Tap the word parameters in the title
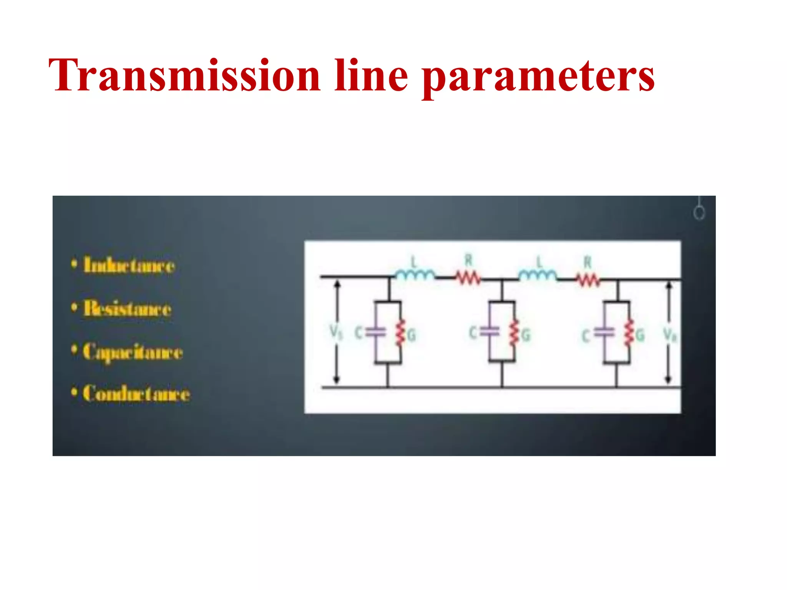point(538,77)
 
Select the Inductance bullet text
point(129,265)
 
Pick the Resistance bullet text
point(127,308)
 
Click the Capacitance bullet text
point(133,352)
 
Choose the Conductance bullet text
point(136,393)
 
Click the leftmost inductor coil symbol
point(415,275)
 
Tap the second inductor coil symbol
point(537,275)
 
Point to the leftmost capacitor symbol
point(375,332)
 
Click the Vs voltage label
point(335,332)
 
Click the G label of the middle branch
point(526,335)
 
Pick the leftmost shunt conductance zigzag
point(400,332)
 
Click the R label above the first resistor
point(468,261)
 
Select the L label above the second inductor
point(539,262)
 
